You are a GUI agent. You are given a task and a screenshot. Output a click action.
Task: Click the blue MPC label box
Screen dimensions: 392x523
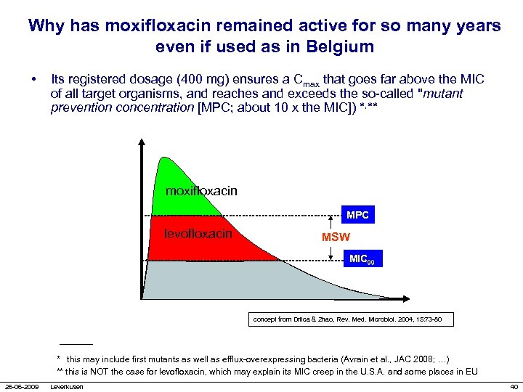357,215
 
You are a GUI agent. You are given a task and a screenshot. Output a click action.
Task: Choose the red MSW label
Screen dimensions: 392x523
336,237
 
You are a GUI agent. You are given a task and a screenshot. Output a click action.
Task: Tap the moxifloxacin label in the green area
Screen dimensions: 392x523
201,191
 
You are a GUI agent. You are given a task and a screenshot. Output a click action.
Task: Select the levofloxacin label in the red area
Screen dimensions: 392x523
198,233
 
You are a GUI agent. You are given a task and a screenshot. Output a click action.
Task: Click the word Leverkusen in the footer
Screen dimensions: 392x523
67,386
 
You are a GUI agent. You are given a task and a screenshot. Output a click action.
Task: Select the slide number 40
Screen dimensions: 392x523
514,386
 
